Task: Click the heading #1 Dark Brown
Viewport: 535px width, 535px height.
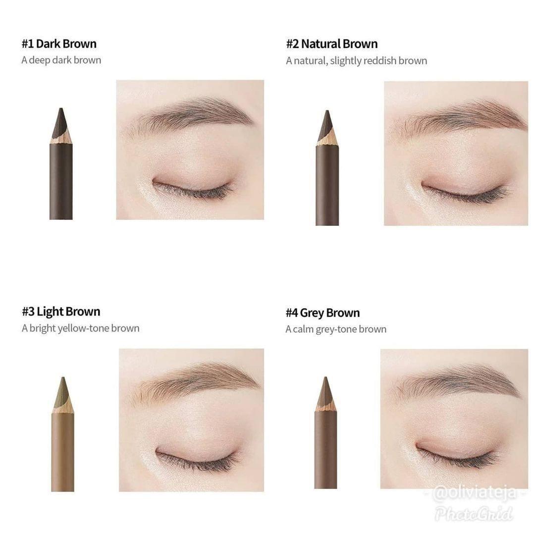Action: pos(59,44)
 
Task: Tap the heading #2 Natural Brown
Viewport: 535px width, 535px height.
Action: pos(332,44)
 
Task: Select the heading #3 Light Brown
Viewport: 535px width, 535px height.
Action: pos(61,312)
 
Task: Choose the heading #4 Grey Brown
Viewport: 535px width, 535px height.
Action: pos(323,313)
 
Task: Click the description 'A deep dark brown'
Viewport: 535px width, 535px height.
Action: pos(61,60)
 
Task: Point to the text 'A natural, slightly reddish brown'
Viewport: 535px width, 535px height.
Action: pos(357,61)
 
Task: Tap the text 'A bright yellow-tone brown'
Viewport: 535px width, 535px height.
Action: pos(81,328)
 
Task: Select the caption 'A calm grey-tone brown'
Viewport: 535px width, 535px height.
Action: pos(336,329)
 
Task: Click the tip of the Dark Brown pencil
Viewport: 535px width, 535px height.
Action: pos(61,108)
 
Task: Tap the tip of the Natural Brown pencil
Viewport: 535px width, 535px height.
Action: pos(327,111)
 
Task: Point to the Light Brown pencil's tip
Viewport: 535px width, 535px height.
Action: pos(63,377)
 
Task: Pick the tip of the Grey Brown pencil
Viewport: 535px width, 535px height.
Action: pos(326,377)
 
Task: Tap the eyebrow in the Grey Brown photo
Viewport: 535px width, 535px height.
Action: pos(457,381)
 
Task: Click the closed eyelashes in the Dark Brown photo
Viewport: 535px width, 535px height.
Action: pos(193,190)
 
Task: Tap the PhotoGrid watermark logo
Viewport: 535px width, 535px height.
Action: pos(474,514)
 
